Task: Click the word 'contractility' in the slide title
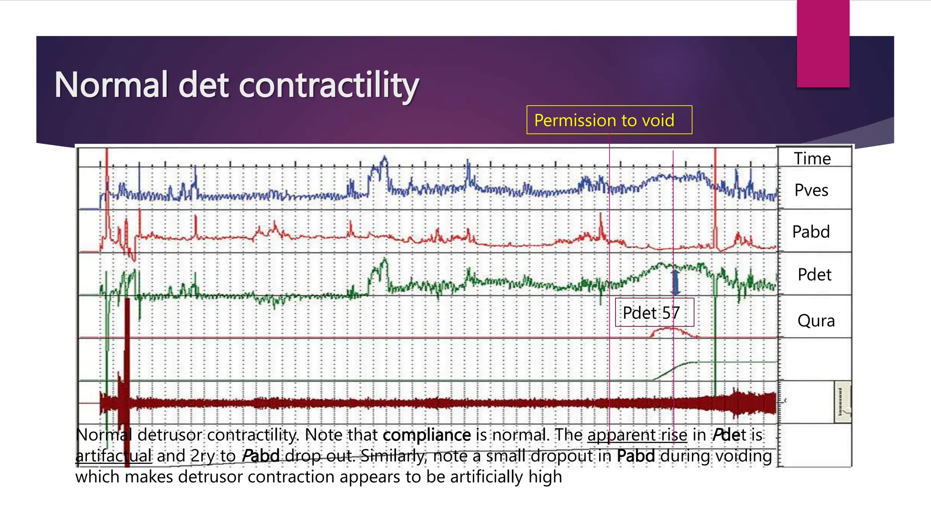coord(329,85)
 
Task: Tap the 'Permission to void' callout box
coord(609,120)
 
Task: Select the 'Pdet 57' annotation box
coord(654,312)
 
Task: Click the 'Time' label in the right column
coord(812,158)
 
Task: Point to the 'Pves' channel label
coord(811,190)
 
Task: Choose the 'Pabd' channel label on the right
coord(811,232)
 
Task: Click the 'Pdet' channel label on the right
coord(814,275)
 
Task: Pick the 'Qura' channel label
coord(816,321)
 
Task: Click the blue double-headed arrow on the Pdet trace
coord(676,282)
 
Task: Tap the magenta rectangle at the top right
coord(823,43)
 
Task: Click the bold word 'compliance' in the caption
coord(426,435)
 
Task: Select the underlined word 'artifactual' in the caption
coord(113,456)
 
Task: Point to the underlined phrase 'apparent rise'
coord(637,435)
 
